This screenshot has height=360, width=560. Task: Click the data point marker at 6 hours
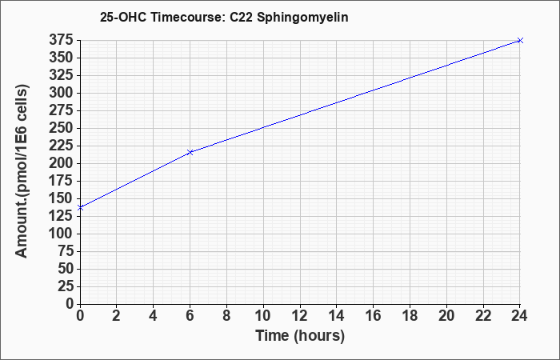[x=190, y=153]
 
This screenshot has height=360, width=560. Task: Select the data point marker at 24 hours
[x=520, y=40]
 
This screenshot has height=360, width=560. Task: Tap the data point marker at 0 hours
[x=80, y=207]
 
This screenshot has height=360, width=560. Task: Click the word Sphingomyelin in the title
[x=302, y=18]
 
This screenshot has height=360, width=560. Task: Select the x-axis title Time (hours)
[x=300, y=336]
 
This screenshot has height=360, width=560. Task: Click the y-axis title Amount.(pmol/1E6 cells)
[x=22, y=171]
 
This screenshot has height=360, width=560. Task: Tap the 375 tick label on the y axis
[x=61, y=40]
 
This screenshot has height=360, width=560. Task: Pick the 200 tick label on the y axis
[x=61, y=163]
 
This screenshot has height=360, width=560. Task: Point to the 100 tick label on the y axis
[x=61, y=234]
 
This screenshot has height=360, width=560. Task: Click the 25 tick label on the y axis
[x=66, y=286]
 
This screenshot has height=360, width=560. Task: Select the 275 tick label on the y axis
[x=61, y=110]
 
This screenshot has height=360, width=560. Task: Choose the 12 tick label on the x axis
[x=300, y=316]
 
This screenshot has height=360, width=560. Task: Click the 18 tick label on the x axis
[x=410, y=316]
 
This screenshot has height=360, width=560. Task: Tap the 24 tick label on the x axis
[x=519, y=316]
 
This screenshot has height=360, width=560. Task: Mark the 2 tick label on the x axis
[x=117, y=316]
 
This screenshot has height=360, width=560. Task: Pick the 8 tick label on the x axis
[x=226, y=316]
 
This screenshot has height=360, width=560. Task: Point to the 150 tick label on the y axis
[x=61, y=198]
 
